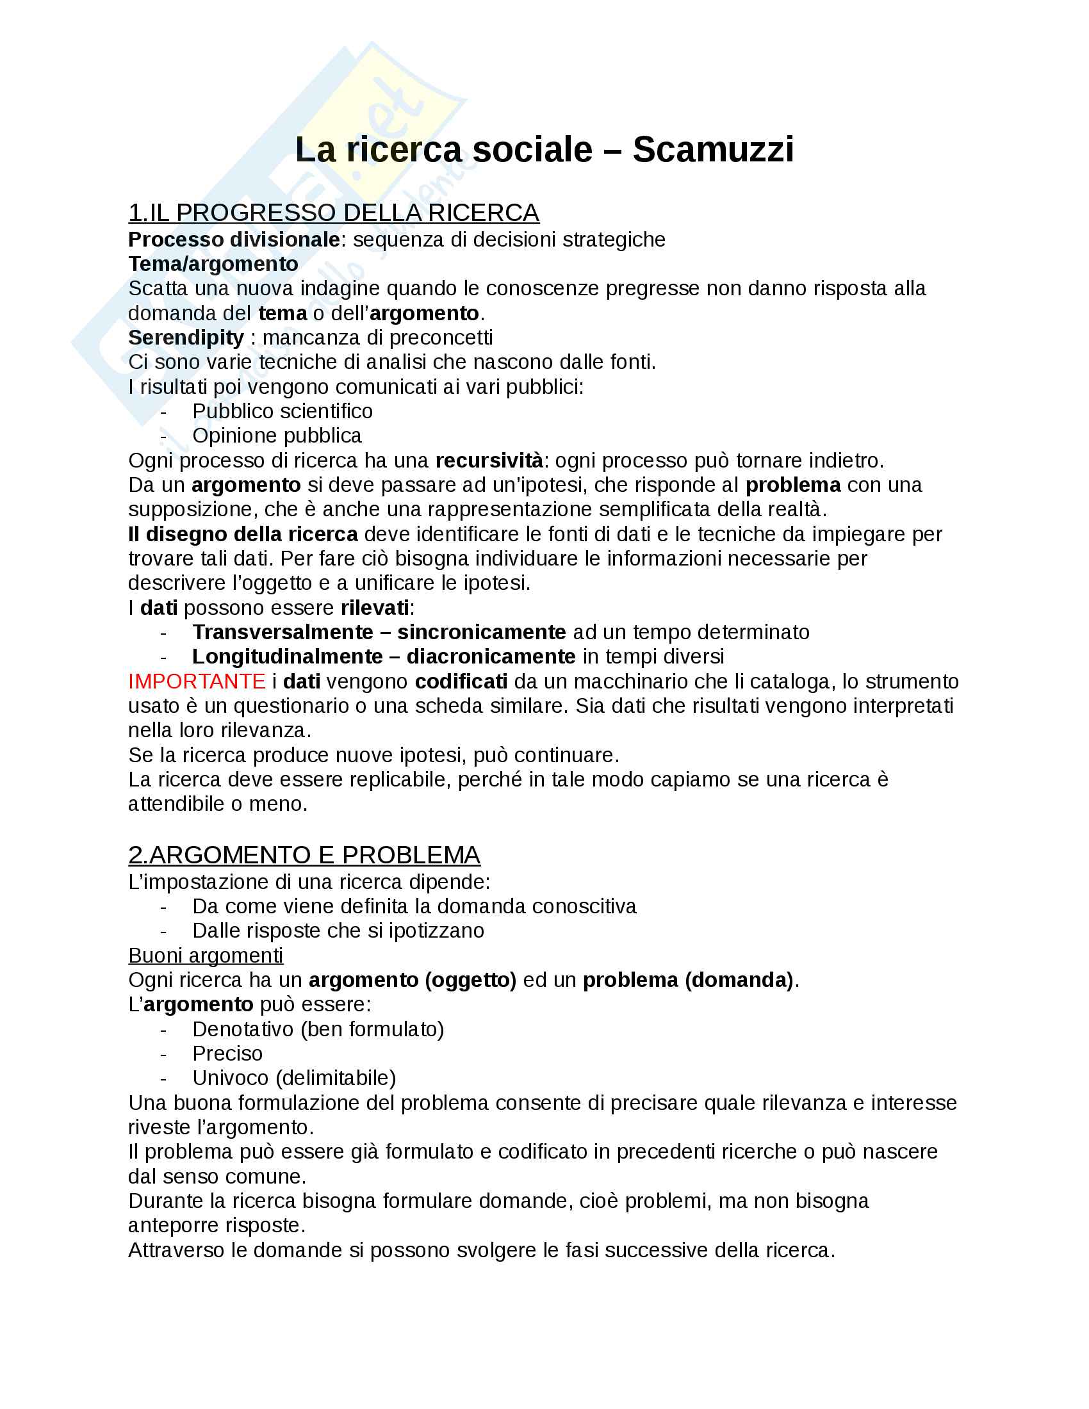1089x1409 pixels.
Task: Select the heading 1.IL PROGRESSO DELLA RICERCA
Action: point(334,213)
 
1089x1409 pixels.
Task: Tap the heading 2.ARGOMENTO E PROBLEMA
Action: point(304,855)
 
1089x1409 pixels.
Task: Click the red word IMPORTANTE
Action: point(197,681)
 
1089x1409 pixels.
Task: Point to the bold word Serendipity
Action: point(186,338)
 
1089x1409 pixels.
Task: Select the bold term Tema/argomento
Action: point(213,264)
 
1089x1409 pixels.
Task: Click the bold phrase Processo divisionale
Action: point(234,240)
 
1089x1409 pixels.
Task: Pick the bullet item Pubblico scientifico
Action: point(282,411)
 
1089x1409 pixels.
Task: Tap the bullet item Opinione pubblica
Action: point(276,436)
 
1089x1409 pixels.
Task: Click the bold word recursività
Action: point(489,460)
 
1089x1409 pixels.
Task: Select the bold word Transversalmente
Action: point(282,632)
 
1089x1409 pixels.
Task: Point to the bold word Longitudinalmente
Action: point(287,656)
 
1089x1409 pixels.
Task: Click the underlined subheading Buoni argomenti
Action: point(206,956)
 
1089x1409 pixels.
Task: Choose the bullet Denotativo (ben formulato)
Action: point(318,1029)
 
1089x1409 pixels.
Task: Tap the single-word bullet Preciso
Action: point(227,1054)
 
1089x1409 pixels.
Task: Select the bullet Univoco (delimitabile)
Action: point(293,1078)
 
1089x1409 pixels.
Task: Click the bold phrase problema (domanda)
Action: point(688,980)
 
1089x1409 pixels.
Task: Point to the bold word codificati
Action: point(461,681)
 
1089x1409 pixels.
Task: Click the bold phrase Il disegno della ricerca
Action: point(243,534)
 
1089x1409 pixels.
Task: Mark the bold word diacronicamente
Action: point(490,656)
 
